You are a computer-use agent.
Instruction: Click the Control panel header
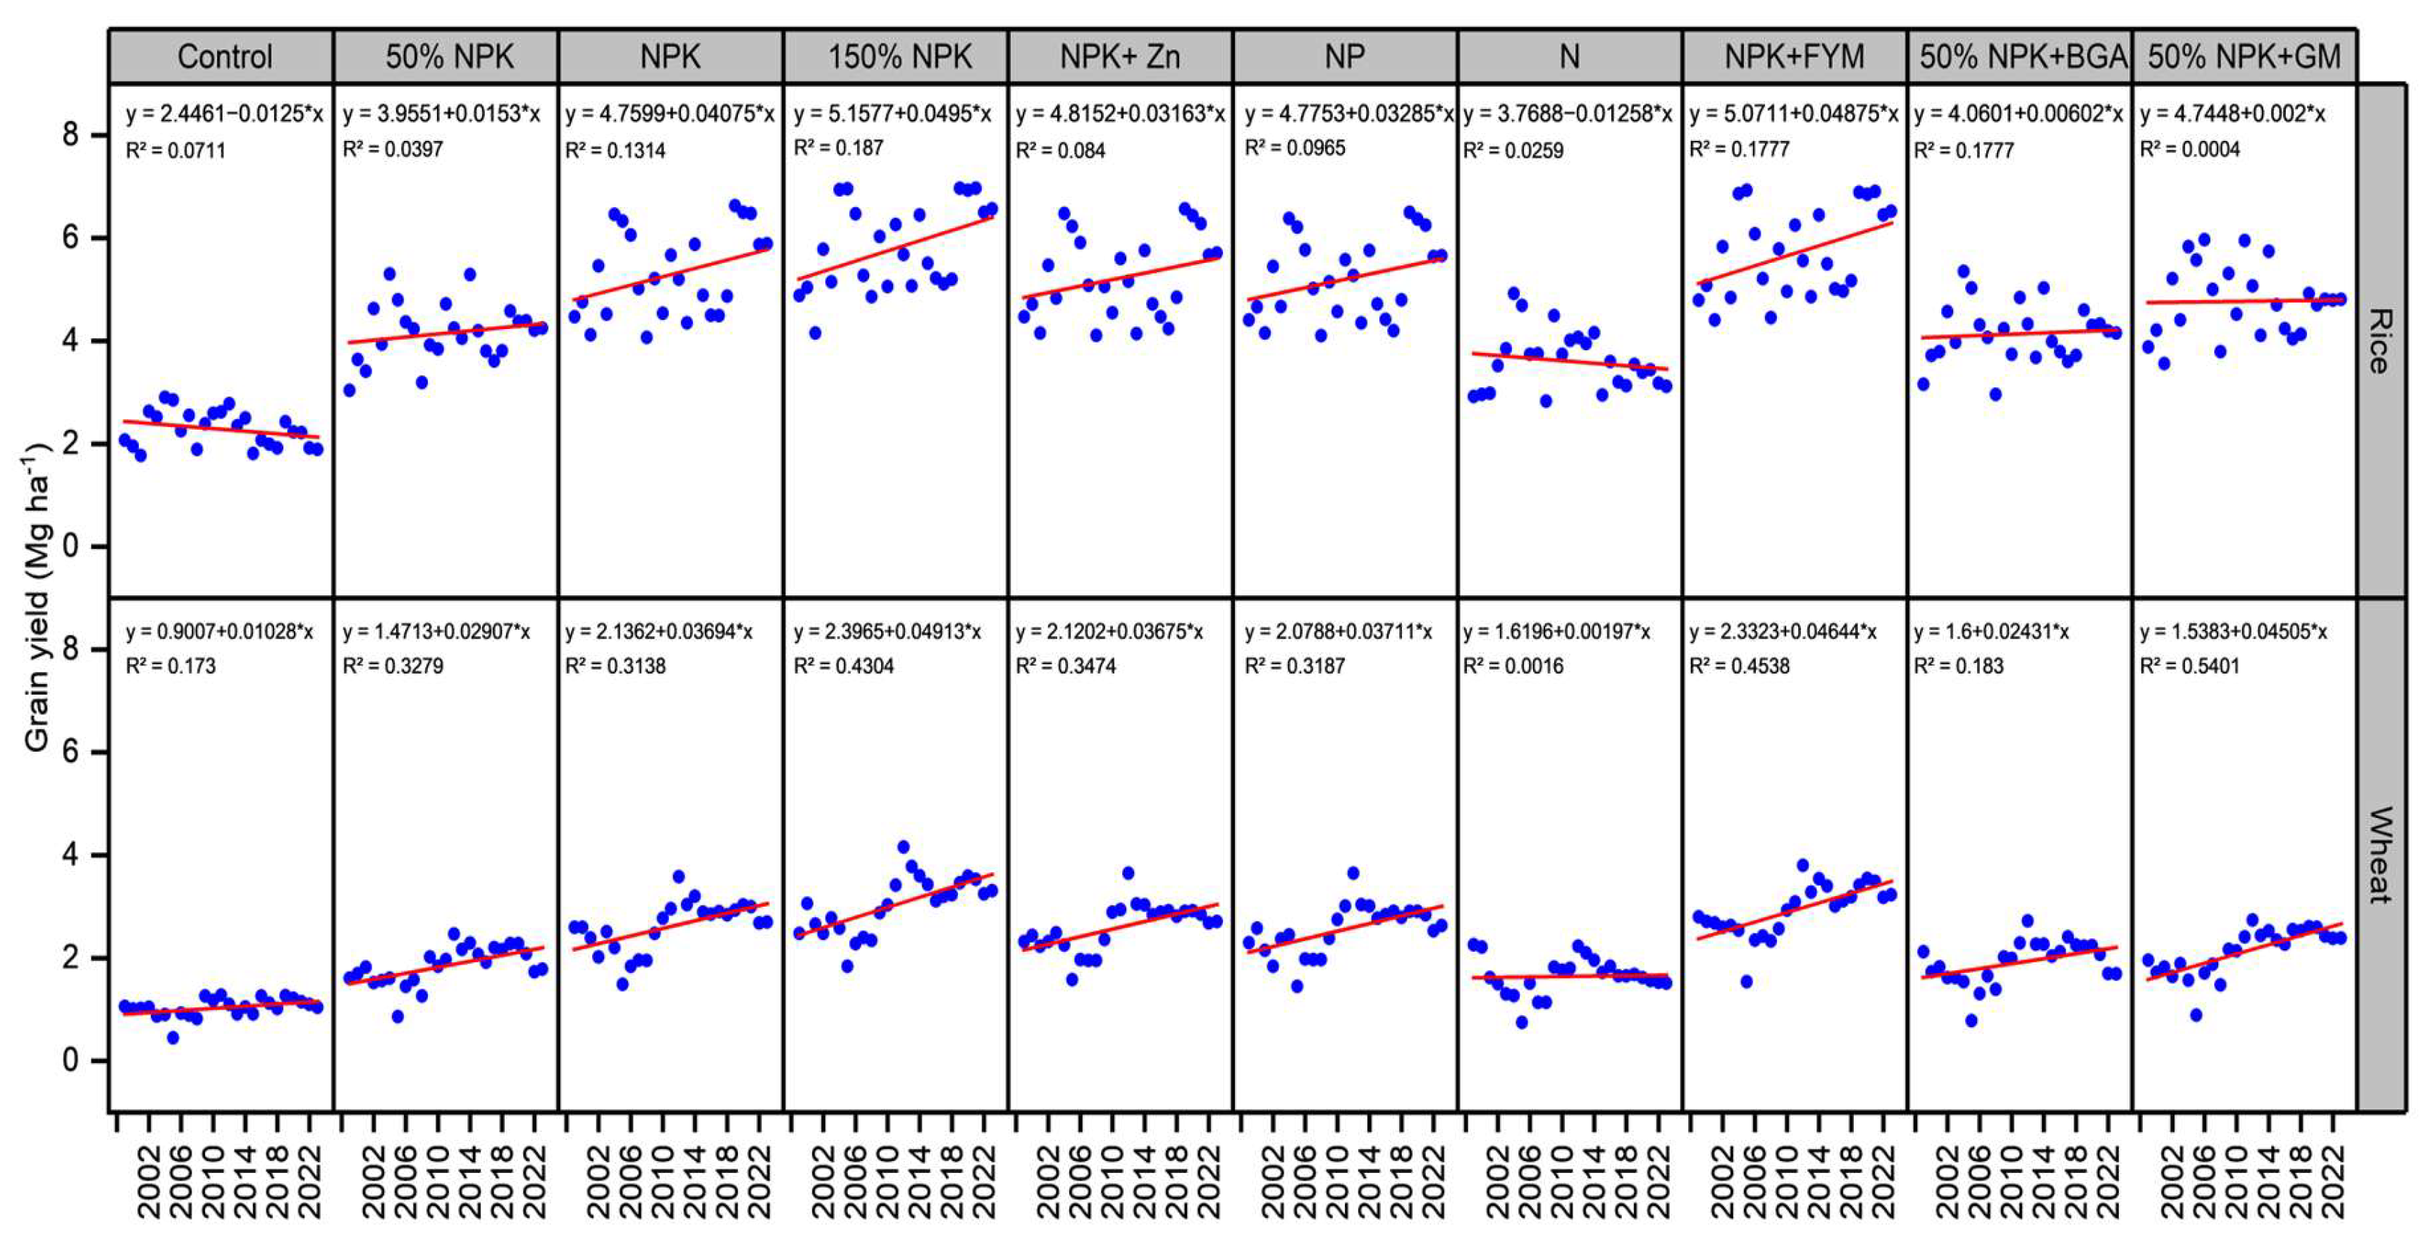pos(224,57)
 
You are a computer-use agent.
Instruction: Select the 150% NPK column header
pos(899,57)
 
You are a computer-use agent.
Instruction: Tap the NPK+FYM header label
pos(1794,57)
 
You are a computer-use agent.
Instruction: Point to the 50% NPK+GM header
pos(2244,57)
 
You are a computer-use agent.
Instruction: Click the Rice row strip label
pos(2380,340)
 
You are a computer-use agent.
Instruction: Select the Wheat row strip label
pos(2380,855)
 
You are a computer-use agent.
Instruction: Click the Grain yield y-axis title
pos(38,597)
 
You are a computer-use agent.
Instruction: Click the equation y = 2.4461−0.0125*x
pos(224,114)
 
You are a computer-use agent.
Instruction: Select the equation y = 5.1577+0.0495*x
pos(892,114)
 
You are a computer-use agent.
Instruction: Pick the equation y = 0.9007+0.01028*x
pos(219,631)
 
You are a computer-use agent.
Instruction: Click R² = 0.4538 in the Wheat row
pos(1739,666)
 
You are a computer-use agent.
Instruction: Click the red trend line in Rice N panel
pos(1570,361)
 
